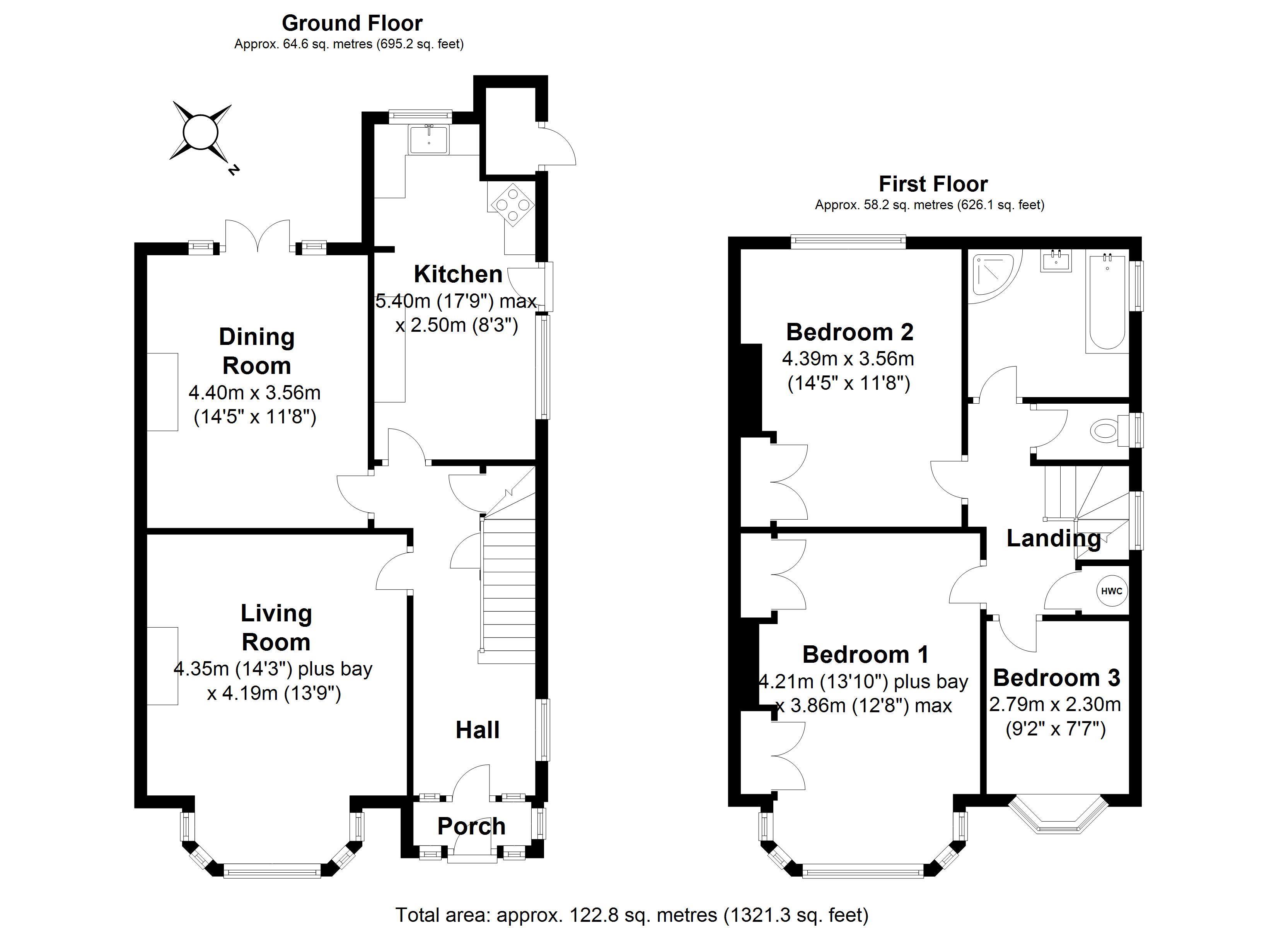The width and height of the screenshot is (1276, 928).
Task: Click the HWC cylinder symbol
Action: [x=1111, y=591]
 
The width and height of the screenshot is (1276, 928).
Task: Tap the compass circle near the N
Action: [x=200, y=133]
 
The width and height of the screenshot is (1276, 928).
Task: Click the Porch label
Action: [x=471, y=826]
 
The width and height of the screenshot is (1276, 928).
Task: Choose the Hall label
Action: [x=477, y=730]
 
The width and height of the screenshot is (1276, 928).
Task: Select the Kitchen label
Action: [x=458, y=274]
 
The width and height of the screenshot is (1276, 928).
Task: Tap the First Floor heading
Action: [x=933, y=184]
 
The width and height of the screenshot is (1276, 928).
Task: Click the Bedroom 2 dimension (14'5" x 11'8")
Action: [x=848, y=383]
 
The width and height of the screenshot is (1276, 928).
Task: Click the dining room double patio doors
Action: [x=258, y=236]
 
